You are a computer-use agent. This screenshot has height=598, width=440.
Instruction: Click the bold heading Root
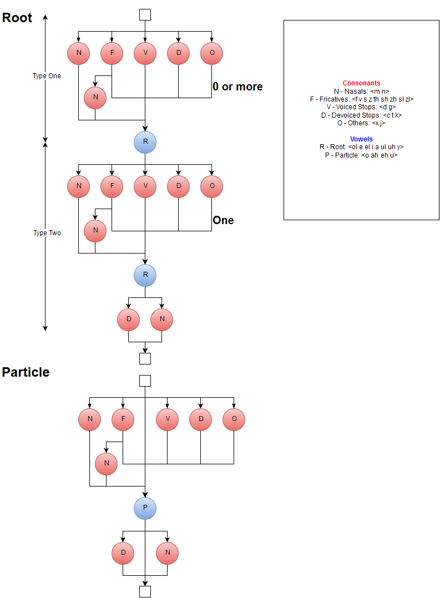(17, 17)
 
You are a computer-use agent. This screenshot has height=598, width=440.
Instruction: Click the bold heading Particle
(26, 372)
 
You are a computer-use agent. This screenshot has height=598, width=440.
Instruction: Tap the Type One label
(47, 76)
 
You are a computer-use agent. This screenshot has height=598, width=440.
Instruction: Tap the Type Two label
(47, 233)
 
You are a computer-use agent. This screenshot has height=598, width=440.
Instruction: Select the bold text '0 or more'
(237, 87)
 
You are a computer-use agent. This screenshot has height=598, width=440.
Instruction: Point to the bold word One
(223, 220)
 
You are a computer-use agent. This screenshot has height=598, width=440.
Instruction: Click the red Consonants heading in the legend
(361, 83)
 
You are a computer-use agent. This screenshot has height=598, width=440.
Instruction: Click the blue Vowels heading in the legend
(361, 139)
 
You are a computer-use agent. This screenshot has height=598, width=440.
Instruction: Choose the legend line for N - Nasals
(361, 91)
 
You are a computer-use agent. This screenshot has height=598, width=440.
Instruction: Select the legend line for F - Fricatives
(361, 99)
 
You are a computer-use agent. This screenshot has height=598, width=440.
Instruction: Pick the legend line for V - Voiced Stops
(361, 107)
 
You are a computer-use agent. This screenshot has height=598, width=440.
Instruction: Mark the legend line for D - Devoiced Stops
(361, 115)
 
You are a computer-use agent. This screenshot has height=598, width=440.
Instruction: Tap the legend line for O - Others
(361, 123)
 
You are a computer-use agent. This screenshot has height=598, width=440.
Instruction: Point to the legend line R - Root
(361, 147)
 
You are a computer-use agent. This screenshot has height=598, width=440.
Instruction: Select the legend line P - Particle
(361, 155)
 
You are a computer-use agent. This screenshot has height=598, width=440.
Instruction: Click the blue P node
(145, 508)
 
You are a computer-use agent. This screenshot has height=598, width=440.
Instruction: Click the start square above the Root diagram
(145, 14)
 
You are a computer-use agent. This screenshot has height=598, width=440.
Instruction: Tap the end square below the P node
(145, 591)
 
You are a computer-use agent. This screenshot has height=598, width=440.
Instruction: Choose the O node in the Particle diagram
(234, 419)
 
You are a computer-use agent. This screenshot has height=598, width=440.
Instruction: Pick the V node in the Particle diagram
(167, 419)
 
